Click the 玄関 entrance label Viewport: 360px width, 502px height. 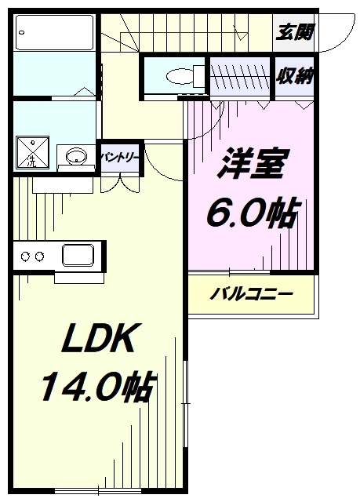point(295,33)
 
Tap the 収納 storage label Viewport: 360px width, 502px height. point(295,76)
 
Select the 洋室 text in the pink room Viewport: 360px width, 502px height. point(250,164)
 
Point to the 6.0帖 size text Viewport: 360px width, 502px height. point(250,212)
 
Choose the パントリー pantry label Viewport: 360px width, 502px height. point(119,157)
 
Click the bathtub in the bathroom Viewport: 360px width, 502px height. point(55,32)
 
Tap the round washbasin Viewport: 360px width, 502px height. point(75,155)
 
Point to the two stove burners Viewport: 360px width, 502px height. point(31,256)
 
